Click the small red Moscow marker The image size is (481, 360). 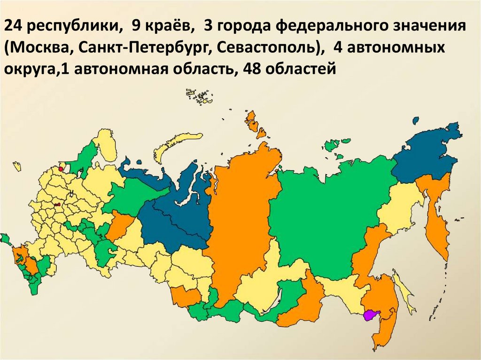coord(57,205)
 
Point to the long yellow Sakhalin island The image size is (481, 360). coord(404,293)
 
